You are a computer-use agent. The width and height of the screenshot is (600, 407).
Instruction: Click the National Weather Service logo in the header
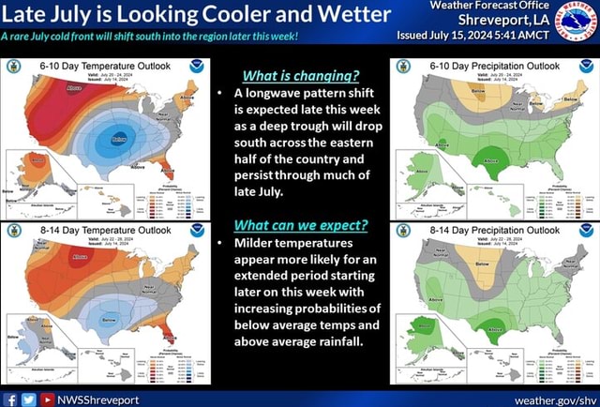pos(574,21)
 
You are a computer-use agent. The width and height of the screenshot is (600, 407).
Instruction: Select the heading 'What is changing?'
pos(300,76)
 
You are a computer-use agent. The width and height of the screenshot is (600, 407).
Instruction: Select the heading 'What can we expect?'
pos(300,225)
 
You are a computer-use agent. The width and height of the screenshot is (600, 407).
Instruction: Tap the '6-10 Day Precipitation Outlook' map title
pos(494,66)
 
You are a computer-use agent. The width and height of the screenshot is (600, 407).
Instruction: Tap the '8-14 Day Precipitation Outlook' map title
pos(494,229)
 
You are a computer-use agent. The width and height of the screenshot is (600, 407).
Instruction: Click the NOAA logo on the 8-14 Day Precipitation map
pos(586,230)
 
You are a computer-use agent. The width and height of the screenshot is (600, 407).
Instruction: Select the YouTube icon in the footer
pos(45,399)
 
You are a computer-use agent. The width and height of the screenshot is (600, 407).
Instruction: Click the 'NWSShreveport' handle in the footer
pos(98,399)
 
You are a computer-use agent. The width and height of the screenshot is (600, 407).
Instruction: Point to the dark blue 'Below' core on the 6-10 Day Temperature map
pos(119,139)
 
